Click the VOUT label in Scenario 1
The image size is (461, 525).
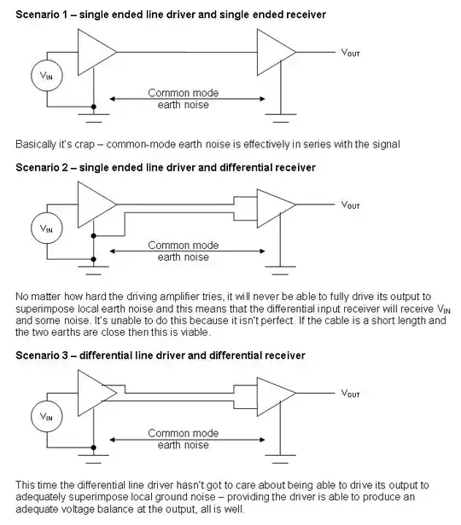coord(350,53)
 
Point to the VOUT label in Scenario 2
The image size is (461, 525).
coord(350,205)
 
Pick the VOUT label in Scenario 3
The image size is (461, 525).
coord(350,394)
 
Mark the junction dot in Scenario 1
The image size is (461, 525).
coord(94,107)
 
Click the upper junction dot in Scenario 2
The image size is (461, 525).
coord(94,236)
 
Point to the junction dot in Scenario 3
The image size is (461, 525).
coord(94,447)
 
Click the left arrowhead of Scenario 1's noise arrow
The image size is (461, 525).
coord(113,99)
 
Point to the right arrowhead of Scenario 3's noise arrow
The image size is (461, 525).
coord(263,440)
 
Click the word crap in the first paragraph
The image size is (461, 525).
coord(85,145)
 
